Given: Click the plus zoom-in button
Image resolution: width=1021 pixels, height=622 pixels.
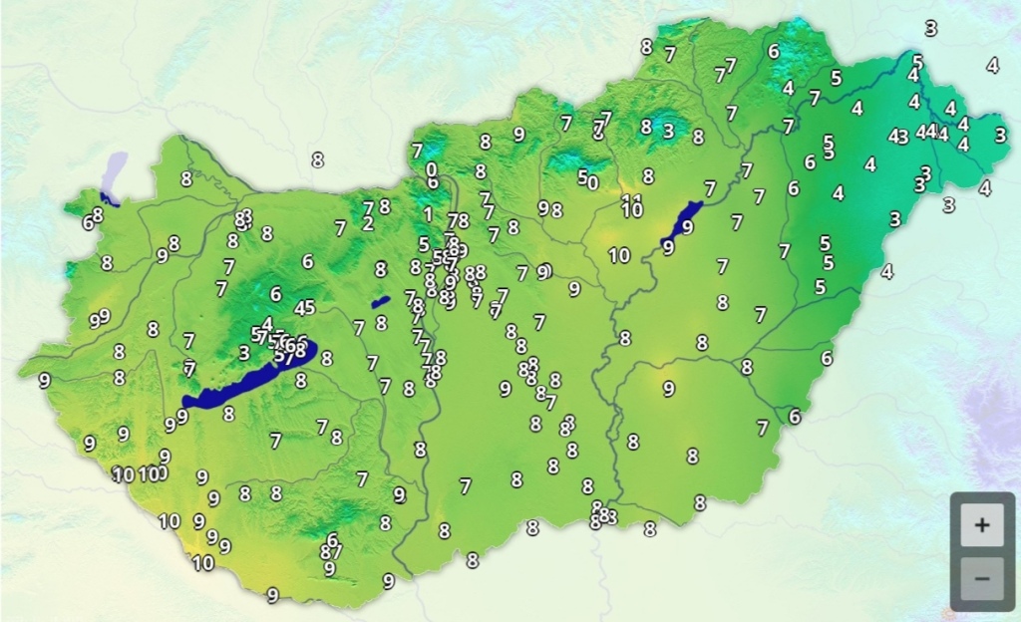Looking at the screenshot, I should click(x=982, y=525).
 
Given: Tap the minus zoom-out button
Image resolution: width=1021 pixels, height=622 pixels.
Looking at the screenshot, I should click(x=982, y=578).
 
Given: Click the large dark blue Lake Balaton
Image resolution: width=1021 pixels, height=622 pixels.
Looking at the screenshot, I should click(x=249, y=377).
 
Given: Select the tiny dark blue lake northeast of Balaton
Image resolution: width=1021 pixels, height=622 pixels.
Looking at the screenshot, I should click(x=380, y=301).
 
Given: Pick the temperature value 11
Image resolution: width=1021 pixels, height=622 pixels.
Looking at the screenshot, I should click(x=631, y=198).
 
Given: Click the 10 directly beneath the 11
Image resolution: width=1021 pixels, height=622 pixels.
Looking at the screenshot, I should click(x=632, y=210).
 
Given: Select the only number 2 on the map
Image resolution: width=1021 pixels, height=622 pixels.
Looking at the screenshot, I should click(x=368, y=223).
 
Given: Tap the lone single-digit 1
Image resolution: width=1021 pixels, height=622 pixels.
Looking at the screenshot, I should click(x=428, y=213).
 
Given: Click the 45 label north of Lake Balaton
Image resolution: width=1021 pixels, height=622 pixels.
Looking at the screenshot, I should click(x=304, y=307).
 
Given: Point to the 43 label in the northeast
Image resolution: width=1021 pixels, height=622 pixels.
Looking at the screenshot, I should click(x=897, y=136).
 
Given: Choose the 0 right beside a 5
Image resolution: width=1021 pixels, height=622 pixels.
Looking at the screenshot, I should click(x=593, y=182).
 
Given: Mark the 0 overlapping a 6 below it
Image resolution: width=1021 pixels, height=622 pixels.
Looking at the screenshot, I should click(x=431, y=169).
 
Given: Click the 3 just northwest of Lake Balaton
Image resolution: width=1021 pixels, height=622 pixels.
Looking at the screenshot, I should click(x=243, y=352).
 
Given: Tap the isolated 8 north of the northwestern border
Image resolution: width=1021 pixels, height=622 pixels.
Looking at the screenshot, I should click(x=317, y=158).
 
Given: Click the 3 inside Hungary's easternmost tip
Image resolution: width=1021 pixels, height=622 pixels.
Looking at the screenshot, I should click(x=1000, y=134).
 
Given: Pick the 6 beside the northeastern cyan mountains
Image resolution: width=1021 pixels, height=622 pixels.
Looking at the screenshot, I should click(x=774, y=51).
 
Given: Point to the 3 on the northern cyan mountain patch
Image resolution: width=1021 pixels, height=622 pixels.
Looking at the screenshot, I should click(x=667, y=131).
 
